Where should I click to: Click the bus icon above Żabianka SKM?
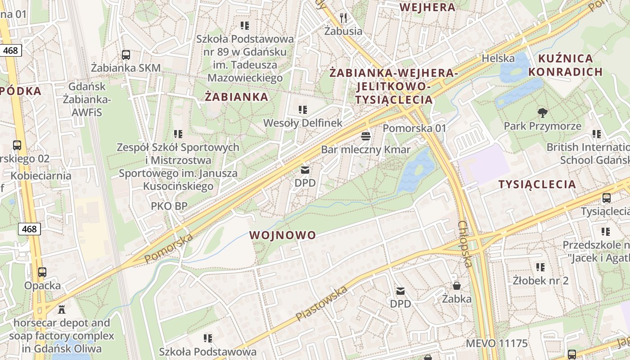(x=126, y=55)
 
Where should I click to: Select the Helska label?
(x=498, y=58)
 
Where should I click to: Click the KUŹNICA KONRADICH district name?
(x=565, y=65)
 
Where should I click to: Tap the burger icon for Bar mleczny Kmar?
(x=366, y=136)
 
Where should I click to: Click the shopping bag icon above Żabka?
(x=456, y=286)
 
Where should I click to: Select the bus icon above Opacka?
(x=42, y=272)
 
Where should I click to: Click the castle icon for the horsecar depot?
(x=62, y=310)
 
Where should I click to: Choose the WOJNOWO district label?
(x=283, y=235)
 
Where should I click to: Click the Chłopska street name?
(x=465, y=244)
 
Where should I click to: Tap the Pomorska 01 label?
(x=414, y=128)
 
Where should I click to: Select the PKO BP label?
(x=169, y=206)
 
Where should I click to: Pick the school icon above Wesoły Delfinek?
(x=303, y=110)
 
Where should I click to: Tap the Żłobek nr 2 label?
(x=540, y=280)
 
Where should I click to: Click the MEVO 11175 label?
(x=496, y=343)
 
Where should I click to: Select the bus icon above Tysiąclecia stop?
(x=607, y=198)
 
